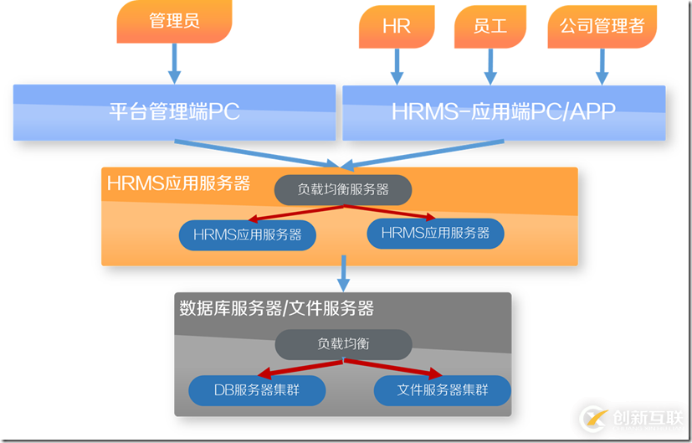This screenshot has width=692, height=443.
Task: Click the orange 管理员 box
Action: [174, 22]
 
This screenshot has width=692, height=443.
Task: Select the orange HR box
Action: [397, 26]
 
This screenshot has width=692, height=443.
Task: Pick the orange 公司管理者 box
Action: [602, 26]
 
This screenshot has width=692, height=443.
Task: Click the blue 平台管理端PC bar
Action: [174, 111]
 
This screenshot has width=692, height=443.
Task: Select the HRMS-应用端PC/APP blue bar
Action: [504, 111]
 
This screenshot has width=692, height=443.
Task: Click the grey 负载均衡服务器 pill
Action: [343, 190]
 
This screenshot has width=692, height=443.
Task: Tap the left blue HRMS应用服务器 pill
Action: [248, 235]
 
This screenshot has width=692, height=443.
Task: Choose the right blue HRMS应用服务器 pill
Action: [435, 234]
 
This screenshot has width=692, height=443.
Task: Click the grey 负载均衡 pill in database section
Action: [343, 344]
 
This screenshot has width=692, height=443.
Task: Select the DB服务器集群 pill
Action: [257, 390]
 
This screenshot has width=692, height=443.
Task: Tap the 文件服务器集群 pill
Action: [442, 390]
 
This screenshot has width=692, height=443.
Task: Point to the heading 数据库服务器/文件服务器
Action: [277, 308]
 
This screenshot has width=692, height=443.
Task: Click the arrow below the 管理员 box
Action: [174, 63]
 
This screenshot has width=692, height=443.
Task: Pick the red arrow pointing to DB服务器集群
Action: [301, 369]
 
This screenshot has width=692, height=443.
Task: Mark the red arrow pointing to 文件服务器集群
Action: [393, 369]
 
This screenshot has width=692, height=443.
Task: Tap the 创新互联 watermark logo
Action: [633, 416]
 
